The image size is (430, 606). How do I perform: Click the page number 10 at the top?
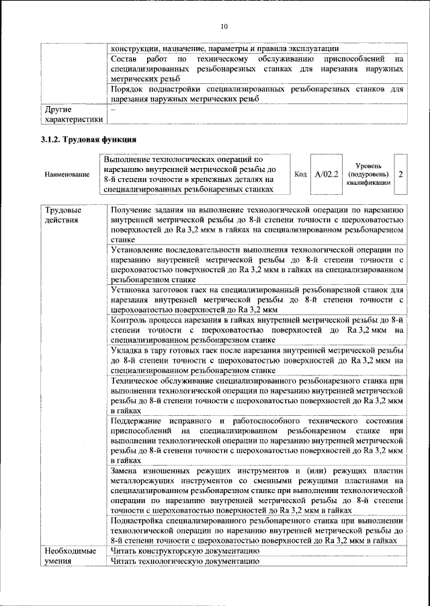pos(224,26)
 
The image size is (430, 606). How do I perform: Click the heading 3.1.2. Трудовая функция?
pos(88,140)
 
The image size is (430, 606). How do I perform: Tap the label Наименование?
pos(67,175)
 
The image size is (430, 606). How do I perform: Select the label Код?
pos(300,175)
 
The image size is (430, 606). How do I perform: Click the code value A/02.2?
pos(327,175)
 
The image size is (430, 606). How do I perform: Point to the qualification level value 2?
pos(400,175)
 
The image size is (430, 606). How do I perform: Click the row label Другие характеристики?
pos(73,114)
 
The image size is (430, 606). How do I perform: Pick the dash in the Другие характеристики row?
pos(114,108)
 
